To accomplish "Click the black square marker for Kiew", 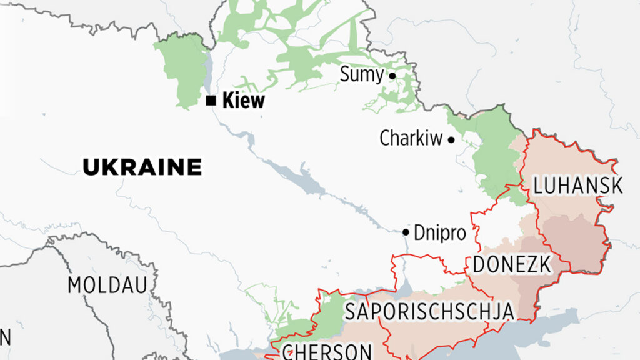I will coord(211,101).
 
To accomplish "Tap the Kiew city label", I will coord(243,101).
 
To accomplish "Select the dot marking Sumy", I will coord(392,76).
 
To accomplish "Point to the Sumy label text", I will coord(361,75).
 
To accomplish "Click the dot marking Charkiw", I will coord(451,140).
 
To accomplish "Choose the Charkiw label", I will coord(411,139).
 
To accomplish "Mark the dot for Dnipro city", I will coord(406,232).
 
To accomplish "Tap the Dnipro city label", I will coord(440,233).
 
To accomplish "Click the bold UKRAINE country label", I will coord(142,167).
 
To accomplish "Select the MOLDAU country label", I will coord(107,286).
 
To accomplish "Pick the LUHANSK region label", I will coord(577,186).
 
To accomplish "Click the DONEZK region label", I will coord(512,265).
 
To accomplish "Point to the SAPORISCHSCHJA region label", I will coord(429,311).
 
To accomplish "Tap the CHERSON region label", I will coord(327,351).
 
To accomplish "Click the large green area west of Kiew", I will coord(183,69).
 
